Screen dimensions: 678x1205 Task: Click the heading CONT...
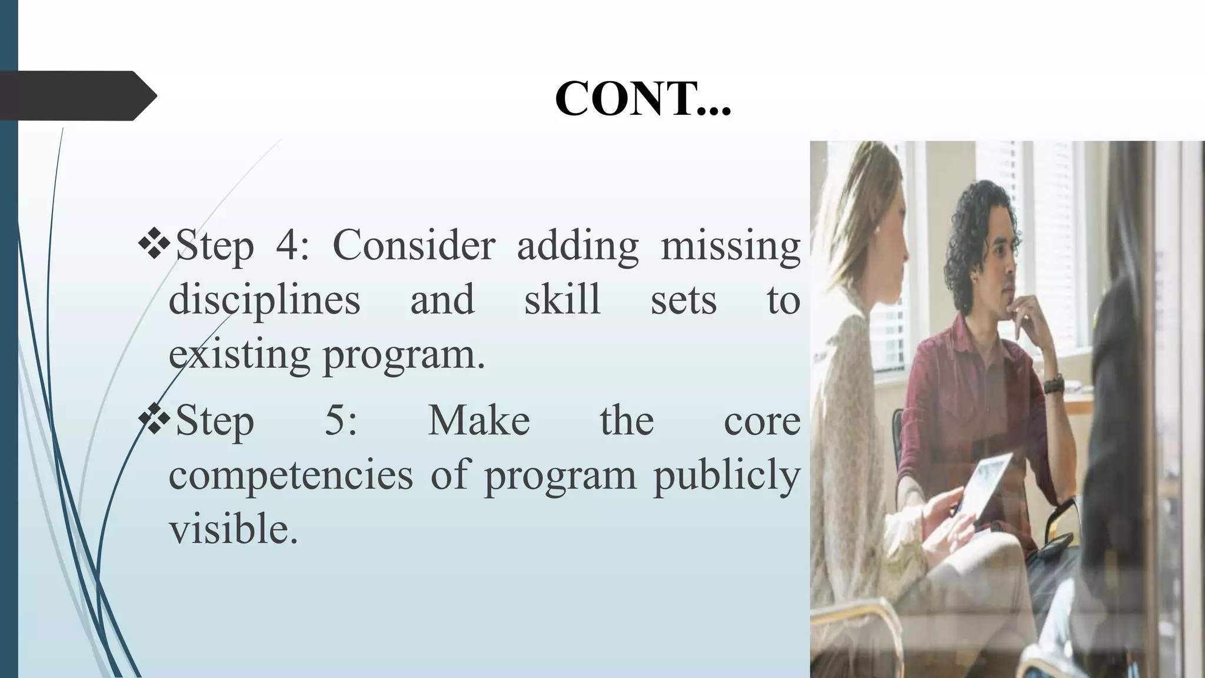643,98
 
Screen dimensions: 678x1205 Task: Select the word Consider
414,245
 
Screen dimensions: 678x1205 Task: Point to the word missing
730,245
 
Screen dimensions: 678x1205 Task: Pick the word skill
562,299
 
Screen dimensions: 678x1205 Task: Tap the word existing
239,354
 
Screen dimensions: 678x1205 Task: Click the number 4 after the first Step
288,245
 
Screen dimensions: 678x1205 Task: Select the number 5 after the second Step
341,420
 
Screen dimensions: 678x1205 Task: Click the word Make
478,420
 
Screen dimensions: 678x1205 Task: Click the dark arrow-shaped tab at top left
76,95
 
